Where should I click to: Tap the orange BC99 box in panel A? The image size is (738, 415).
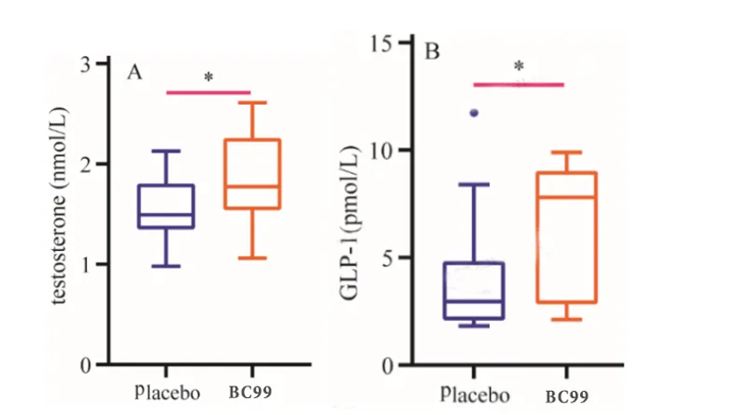pyautogui.click(x=253, y=174)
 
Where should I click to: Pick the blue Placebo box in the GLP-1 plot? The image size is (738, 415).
pyautogui.click(x=474, y=290)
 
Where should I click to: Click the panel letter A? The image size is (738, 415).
pyautogui.click(x=135, y=72)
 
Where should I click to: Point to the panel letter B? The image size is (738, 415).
pyautogui.click(x=433, y=51)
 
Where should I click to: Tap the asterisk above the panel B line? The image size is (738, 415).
pyautogui.click(x=519, y=67)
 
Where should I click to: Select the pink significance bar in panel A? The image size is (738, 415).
pyautogui.click(x=208, y=91)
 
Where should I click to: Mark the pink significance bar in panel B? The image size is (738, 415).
pyautogui.click(x=519, y=84)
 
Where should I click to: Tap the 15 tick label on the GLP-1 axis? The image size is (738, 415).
pyautogui.click(x=383, y=42)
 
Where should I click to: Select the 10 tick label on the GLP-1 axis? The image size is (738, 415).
pyautogui.click(x=383, y=150)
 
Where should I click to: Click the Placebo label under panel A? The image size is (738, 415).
pyautogui.click(x=168, y=392)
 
